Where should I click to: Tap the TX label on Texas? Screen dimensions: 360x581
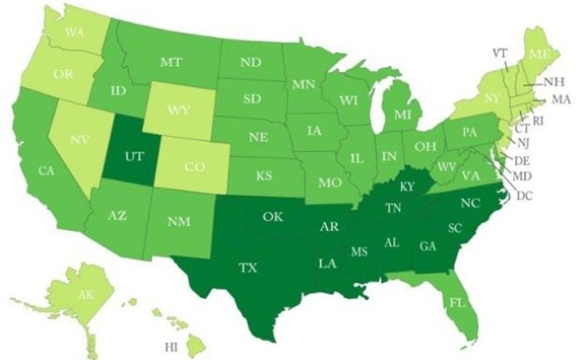[248, 267]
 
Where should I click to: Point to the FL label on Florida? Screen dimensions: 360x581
[456, 303]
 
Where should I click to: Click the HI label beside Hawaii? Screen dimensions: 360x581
[171, 346]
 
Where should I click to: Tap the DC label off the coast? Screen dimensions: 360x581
[524, 196]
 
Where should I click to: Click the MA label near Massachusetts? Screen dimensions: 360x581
[561, 100]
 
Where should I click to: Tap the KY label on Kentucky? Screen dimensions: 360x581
[408, 187]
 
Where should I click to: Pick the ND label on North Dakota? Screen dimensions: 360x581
[250, 62]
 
